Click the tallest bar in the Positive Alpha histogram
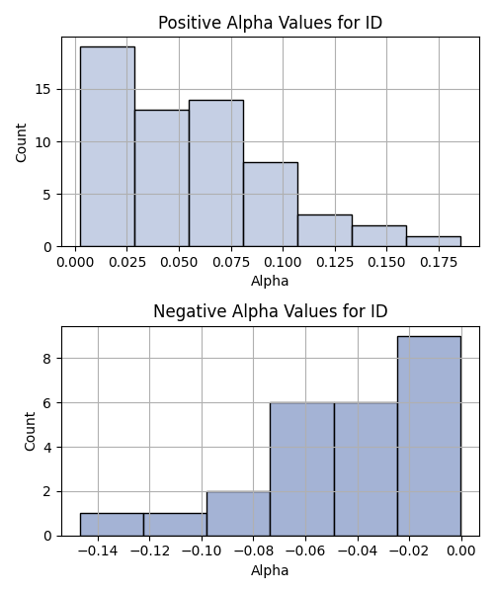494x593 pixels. [108, 146]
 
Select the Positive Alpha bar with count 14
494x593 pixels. [216, 173]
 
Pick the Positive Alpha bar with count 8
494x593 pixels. [271, 205]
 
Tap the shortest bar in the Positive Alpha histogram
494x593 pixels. [434, 242]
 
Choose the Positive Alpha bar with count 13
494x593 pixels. [162, 179]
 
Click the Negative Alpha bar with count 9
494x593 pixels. [430, 436]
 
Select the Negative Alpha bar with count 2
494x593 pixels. [238, 514]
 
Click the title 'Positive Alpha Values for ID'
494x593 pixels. [271, 23]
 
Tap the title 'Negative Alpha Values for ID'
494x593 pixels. [271, 311]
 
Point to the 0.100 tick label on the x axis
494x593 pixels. [283, 263]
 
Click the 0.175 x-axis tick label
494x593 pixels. [439, 263]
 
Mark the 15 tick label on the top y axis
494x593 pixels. [43, 90]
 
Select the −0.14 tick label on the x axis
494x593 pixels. [98, 551]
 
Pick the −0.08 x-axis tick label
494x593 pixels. [253, 551]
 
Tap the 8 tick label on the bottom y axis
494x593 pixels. [47, 358]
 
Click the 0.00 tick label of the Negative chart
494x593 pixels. [461, 551]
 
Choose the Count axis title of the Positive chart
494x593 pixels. [21, 142]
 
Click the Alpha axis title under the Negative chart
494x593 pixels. [270, 570]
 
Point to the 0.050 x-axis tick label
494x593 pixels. [179, 263]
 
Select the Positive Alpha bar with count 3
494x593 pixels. [325, 230]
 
